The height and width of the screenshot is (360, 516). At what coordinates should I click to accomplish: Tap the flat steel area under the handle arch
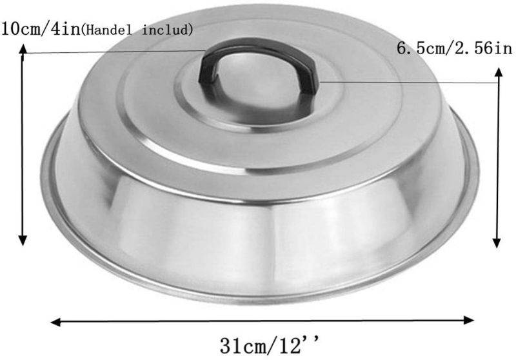[258, 87]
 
